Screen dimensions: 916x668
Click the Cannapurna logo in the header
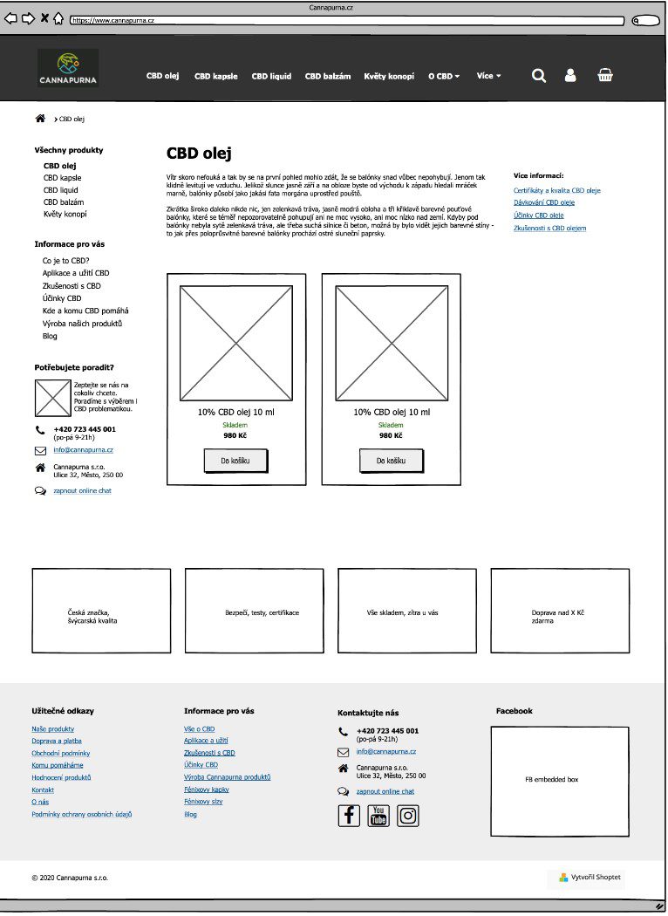68,68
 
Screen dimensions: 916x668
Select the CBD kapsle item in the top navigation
215,76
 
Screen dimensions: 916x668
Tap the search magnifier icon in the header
539,76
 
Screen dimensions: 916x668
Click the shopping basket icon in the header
605,75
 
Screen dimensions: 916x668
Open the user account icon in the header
570,76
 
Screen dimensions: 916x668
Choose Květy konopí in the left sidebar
65,214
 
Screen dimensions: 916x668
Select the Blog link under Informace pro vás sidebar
50,336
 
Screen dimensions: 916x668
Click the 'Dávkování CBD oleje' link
544,202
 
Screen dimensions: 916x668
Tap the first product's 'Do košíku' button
235,461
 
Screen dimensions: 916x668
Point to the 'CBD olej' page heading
199,154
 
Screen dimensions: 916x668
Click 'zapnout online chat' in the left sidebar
82,491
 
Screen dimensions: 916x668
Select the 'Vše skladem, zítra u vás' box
407,611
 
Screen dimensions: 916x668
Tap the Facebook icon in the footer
349,816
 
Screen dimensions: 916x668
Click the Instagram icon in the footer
408,816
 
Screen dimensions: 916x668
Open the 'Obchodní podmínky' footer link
61,753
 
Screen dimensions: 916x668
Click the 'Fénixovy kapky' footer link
207,790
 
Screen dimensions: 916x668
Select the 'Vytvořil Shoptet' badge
591,878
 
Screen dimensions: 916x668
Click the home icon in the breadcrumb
40,118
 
